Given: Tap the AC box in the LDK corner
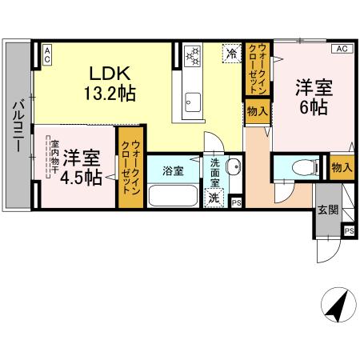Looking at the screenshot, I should click(46, 54).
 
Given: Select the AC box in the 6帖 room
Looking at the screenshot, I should click(342, 49).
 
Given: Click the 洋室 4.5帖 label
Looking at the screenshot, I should click(82, 166).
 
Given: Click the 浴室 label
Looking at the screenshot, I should click(173, 170).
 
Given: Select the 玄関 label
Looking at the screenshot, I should click(328, 210).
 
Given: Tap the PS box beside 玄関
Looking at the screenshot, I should click(348, 230).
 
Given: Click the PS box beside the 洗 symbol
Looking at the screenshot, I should click(235, 202).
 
